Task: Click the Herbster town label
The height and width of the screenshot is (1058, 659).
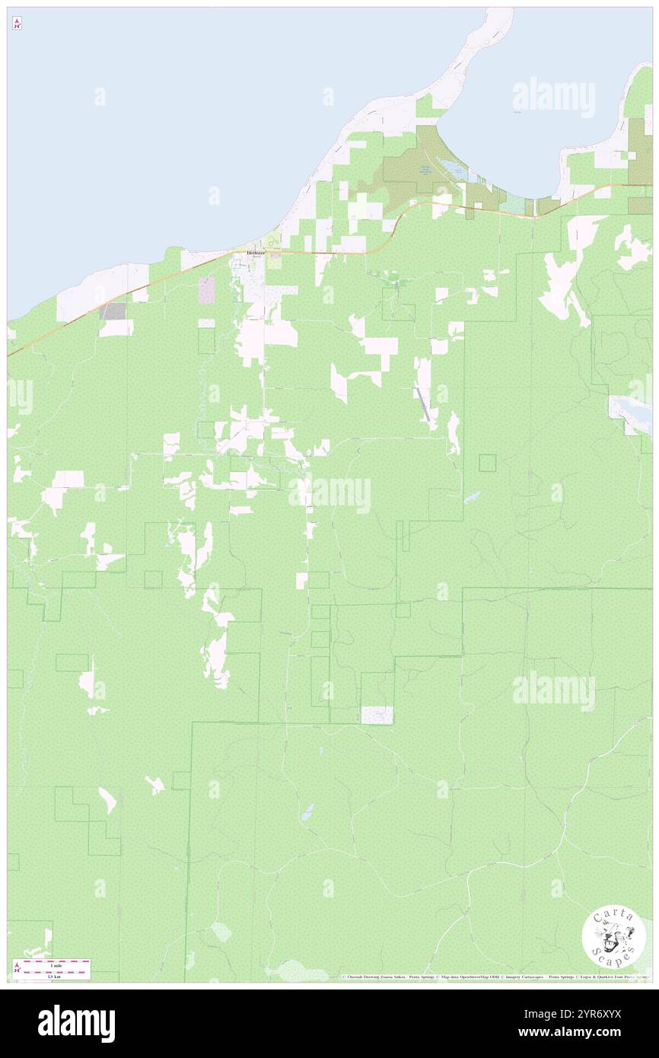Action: tap(253, 252)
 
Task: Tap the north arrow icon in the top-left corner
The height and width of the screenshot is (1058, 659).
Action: tap(17, 24)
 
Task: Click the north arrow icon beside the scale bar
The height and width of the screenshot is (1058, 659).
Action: tap(17, 969)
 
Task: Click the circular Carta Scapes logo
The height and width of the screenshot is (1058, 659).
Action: tap(613, 938)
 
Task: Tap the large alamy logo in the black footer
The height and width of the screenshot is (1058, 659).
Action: tap(76, 1024)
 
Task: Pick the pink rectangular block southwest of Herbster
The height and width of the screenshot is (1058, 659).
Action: tap(206, 289)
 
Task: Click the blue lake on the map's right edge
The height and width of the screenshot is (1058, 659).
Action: tap(632, 413)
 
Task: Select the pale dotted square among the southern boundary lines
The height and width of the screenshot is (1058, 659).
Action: tap(377, 715)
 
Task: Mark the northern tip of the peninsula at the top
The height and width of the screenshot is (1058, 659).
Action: tap(503, 13)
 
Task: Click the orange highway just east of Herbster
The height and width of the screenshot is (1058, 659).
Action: tap(320, 252)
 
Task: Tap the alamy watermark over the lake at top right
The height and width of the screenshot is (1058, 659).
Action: tap(553, 97)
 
